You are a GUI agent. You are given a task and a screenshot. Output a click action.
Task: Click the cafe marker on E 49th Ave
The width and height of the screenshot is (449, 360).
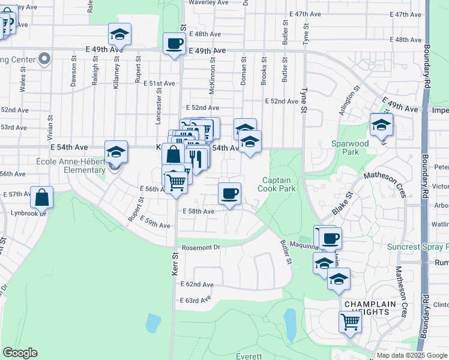pyautogui.click(x=175, y=44)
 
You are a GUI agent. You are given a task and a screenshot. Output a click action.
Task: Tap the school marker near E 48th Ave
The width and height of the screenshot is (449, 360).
pyautogui.click(x=119, y=35)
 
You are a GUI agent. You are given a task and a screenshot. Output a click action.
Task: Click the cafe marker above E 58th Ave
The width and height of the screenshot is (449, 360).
pyautogui.click(x=229, y=194)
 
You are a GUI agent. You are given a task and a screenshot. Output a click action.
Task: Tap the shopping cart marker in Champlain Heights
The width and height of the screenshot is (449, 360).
pyautogui.click(x=351, y=322)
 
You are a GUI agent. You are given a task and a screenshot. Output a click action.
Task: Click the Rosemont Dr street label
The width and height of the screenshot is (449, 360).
pyautogui.click(x=200, y=247)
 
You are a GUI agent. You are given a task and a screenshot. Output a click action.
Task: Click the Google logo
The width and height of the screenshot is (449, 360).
pyautogui.click(x=20, y=353)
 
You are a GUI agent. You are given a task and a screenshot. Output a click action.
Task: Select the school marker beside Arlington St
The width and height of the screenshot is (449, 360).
pyautogui.click(x=381, y=125)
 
